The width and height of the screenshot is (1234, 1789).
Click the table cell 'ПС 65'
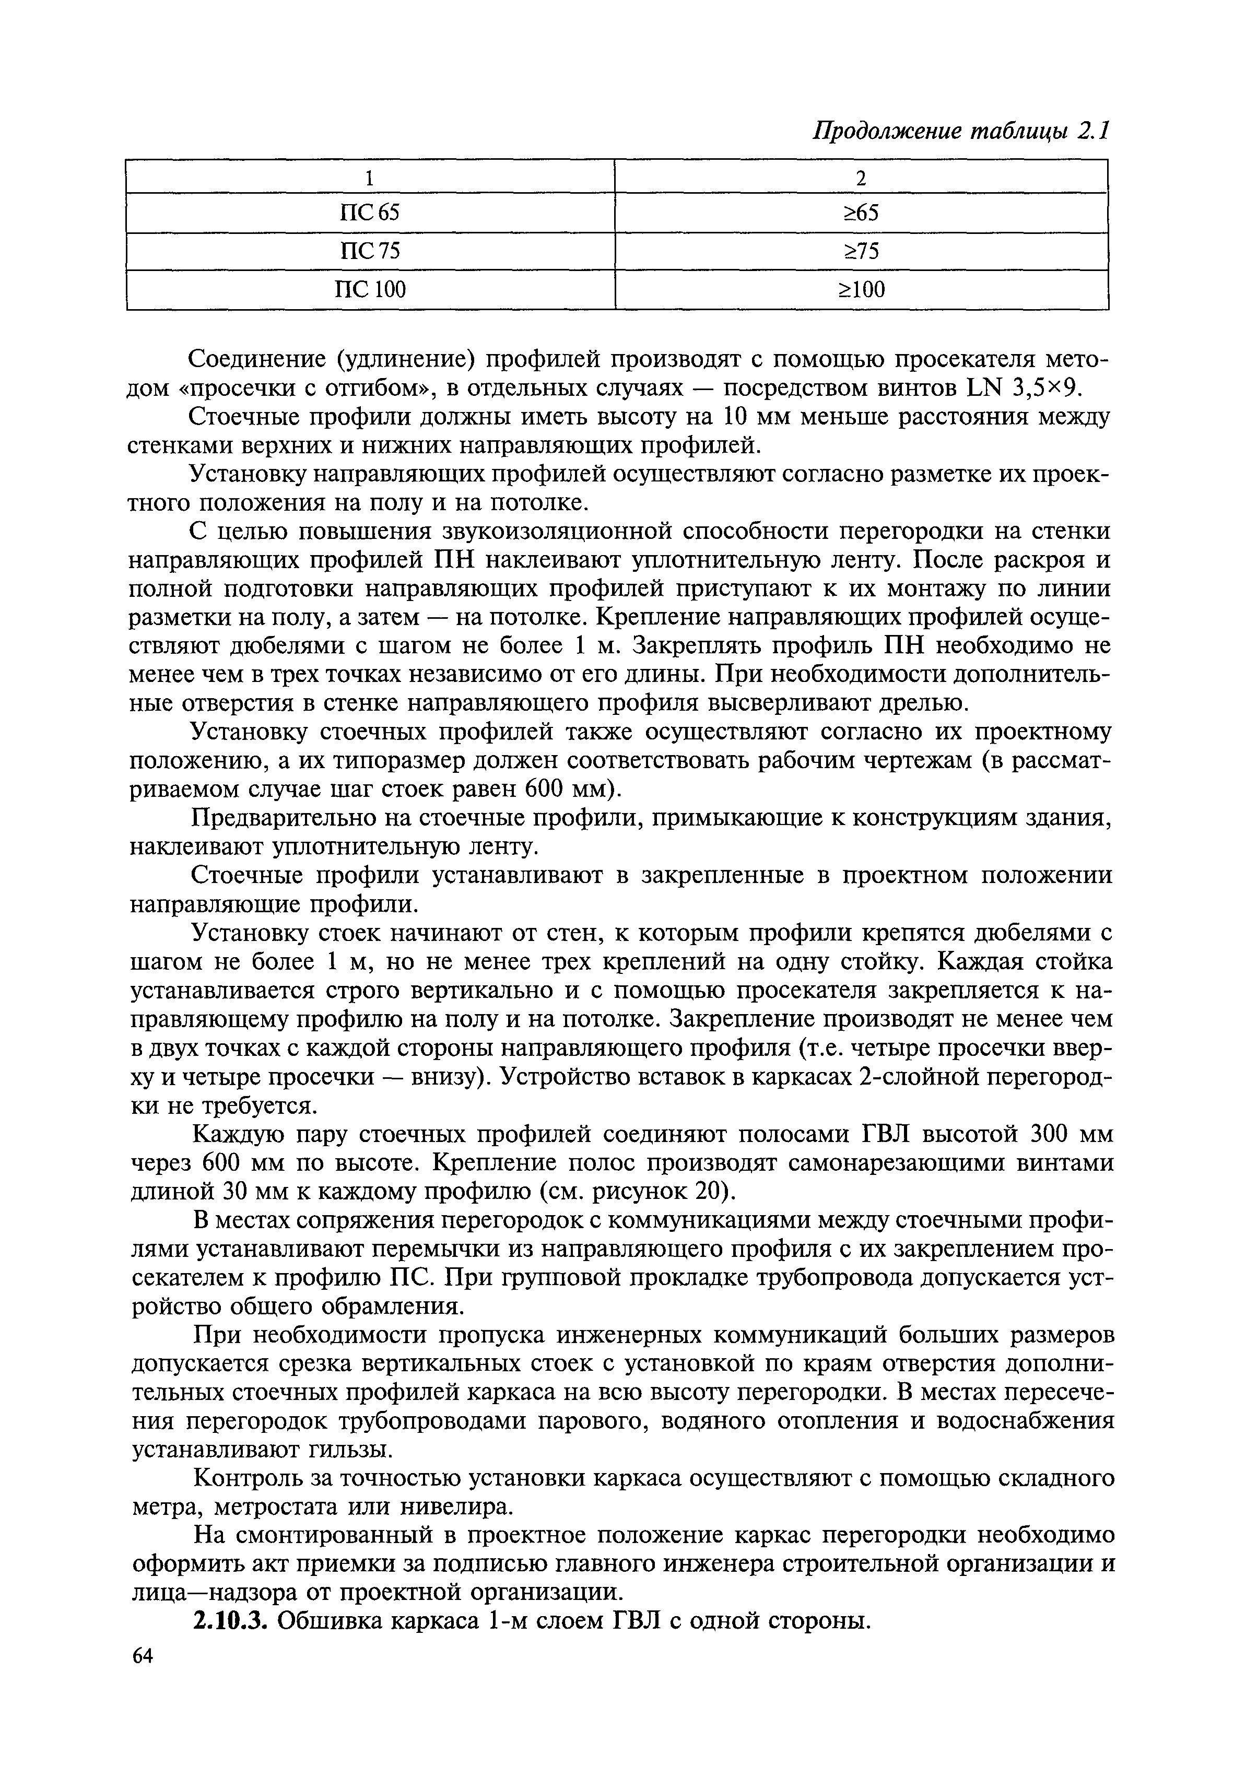(x=370, y=213)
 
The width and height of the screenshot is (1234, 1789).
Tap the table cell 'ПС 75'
(x=370, y=251)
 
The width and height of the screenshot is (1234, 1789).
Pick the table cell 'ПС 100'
(x=370, y=290)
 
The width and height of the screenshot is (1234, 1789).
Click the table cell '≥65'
(x=861, y=213)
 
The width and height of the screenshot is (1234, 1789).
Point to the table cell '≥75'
(x=861, y=251)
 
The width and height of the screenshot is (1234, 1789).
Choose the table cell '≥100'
(x=861, y=290)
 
